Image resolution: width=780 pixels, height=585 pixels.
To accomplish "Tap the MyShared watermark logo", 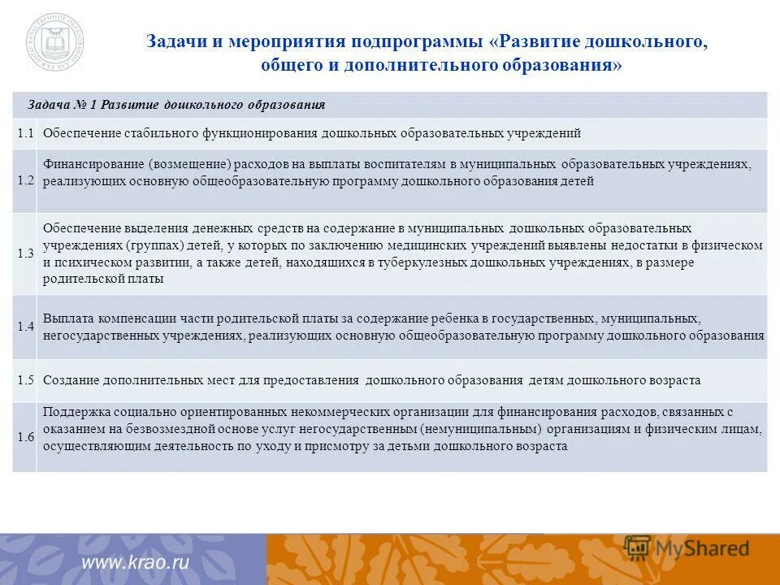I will click(687, 548).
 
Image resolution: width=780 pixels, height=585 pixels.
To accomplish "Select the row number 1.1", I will click(24, 132).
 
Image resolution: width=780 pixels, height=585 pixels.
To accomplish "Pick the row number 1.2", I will click(24, 180).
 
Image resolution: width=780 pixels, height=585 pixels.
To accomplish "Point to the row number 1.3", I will click(24, 253).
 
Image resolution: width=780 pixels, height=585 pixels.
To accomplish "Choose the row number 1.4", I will click(24, 327).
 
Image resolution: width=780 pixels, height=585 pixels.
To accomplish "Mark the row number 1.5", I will click(24, 379).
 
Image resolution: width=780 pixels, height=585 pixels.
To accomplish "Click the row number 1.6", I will click(24, 437).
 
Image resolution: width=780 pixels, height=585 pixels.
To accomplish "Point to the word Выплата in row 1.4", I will click(67, 318).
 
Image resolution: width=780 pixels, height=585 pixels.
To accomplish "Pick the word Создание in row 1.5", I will click(71, 380).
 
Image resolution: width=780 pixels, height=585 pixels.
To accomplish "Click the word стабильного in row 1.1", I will click(152, 133).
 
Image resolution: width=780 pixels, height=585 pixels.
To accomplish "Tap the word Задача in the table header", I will click(48, 105).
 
